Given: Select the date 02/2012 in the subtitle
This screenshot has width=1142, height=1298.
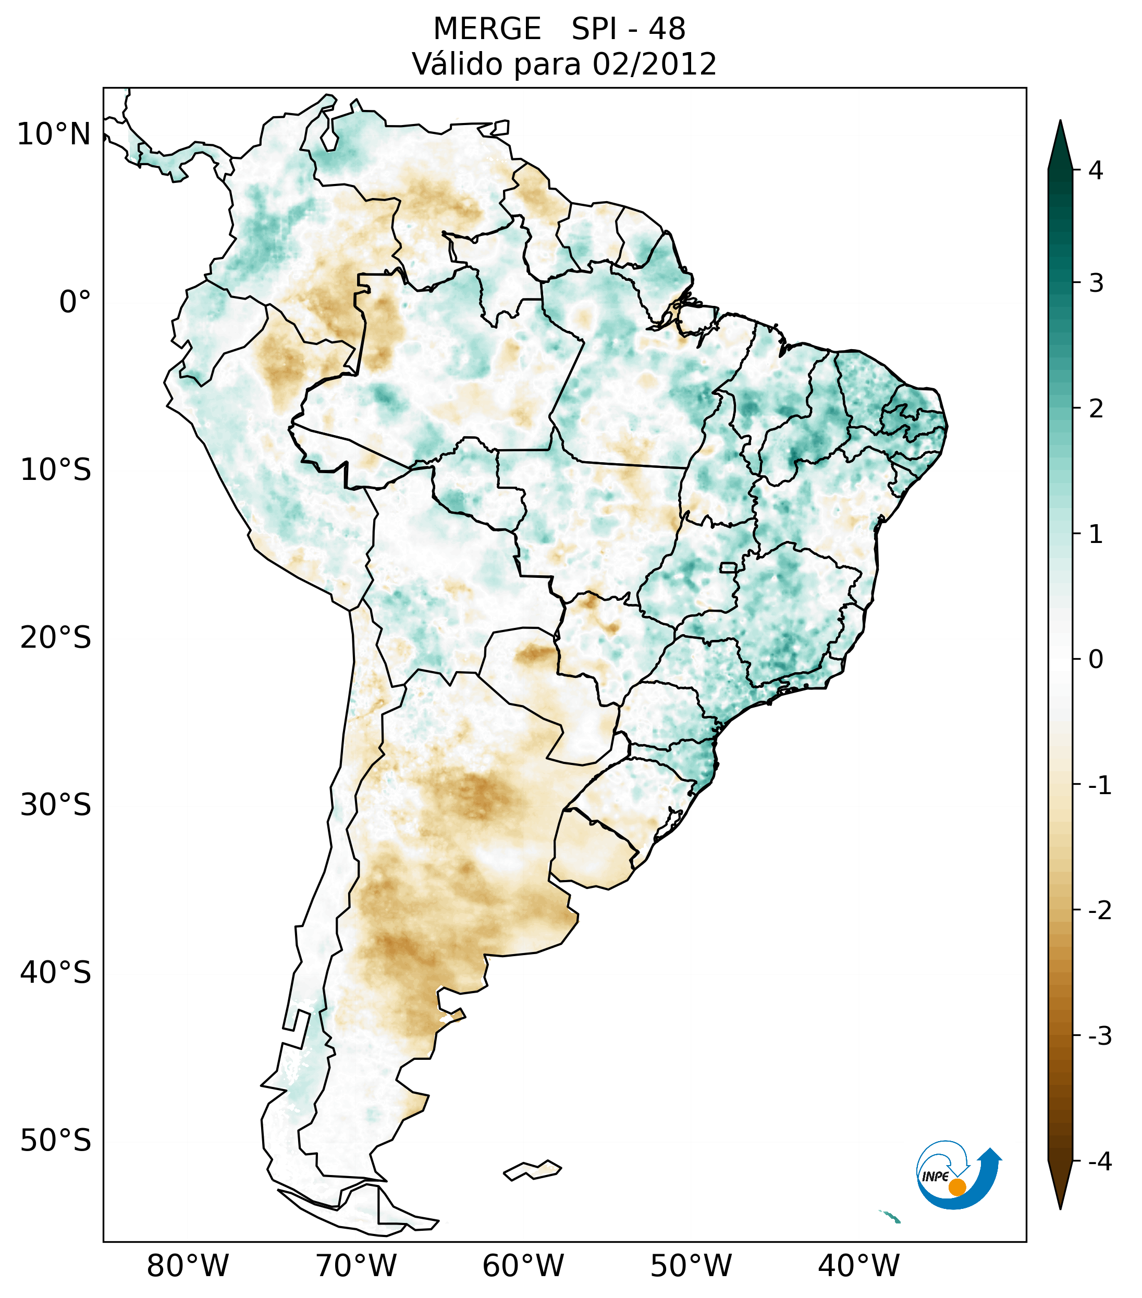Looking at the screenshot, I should point(654,64).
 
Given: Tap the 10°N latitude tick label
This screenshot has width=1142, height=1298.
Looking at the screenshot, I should point(54,134).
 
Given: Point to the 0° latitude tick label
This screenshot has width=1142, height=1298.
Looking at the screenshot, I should point(75,302).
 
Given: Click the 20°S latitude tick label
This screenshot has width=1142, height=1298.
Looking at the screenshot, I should point(56,638).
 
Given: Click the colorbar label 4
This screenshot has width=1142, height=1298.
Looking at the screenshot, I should point(1096,170).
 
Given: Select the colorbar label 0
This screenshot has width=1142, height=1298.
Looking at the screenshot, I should point(1096,660).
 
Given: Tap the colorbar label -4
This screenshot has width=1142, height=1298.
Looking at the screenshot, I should point(1099,1161).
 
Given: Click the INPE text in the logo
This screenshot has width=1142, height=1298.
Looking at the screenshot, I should point(935,1177).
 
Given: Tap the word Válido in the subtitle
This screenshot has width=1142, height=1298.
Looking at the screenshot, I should point(457,64).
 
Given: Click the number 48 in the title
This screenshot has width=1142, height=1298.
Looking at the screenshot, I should point(667,29).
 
